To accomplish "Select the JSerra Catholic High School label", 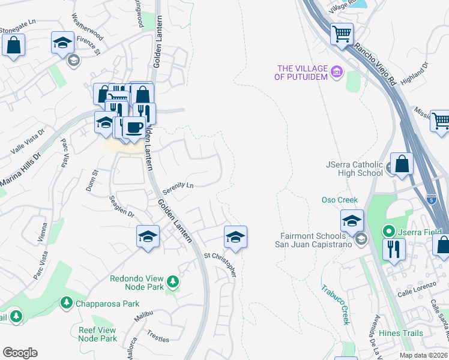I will [354, 168].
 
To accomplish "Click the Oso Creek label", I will [339, 200].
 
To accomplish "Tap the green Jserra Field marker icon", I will [388, 230].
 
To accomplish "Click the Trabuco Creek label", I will [335, 304].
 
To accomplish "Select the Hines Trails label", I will [401, 333].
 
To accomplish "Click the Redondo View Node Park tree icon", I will [173, 280].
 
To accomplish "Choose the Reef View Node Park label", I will [97, 334].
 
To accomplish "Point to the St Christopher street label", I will [220, 264].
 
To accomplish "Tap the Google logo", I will [20, 353].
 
